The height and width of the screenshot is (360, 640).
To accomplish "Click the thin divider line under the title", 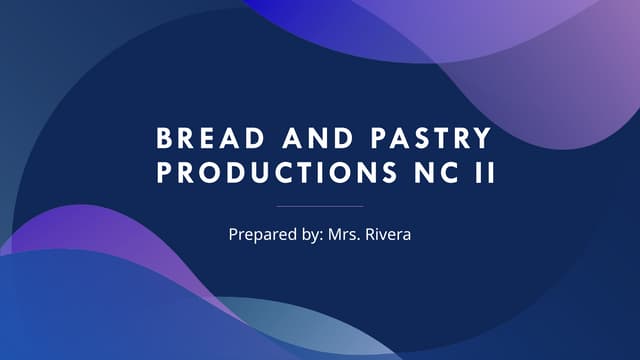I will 320,206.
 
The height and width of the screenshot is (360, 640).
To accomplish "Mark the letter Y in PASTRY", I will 484,138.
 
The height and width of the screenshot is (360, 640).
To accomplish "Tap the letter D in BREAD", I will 237,138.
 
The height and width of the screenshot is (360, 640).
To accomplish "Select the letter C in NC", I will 445,173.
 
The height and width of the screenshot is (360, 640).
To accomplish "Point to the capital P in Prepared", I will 233,236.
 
